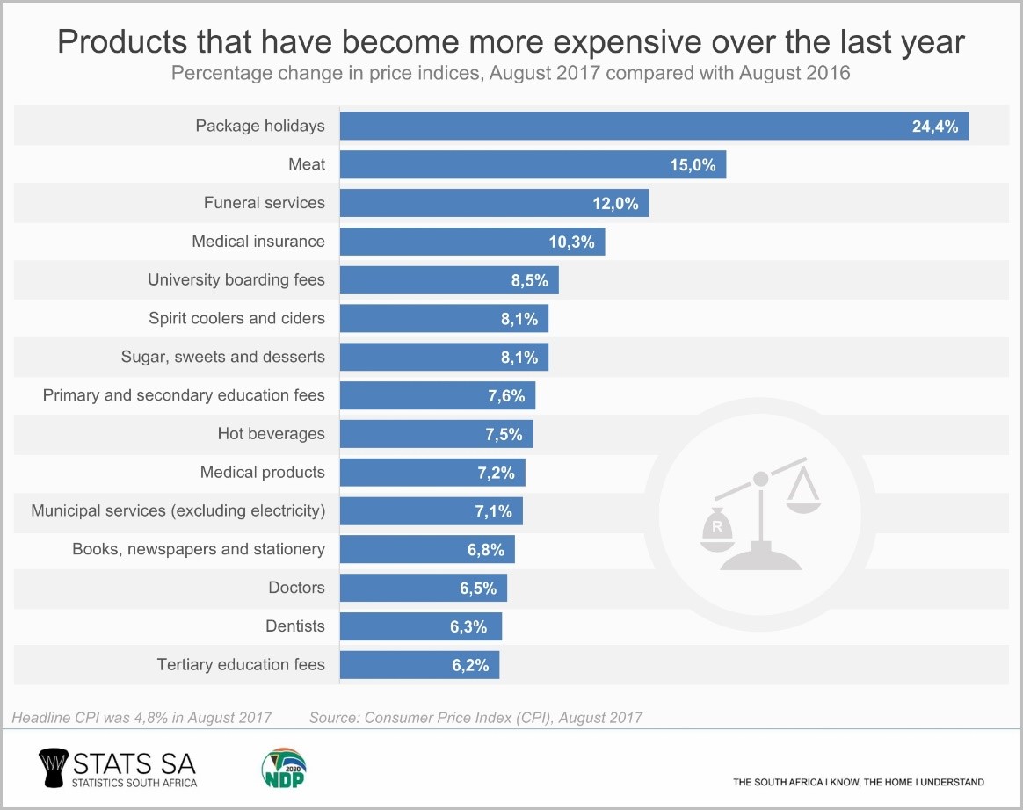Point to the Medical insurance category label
258,242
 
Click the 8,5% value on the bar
530,280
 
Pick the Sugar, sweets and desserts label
223,357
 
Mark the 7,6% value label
506,395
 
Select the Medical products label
263,473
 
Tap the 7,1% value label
495,511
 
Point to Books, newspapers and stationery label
199,549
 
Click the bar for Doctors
423,588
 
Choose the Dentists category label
295,626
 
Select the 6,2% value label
470,665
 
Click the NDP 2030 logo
284,767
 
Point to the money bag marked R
719,528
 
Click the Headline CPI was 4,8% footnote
141,718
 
